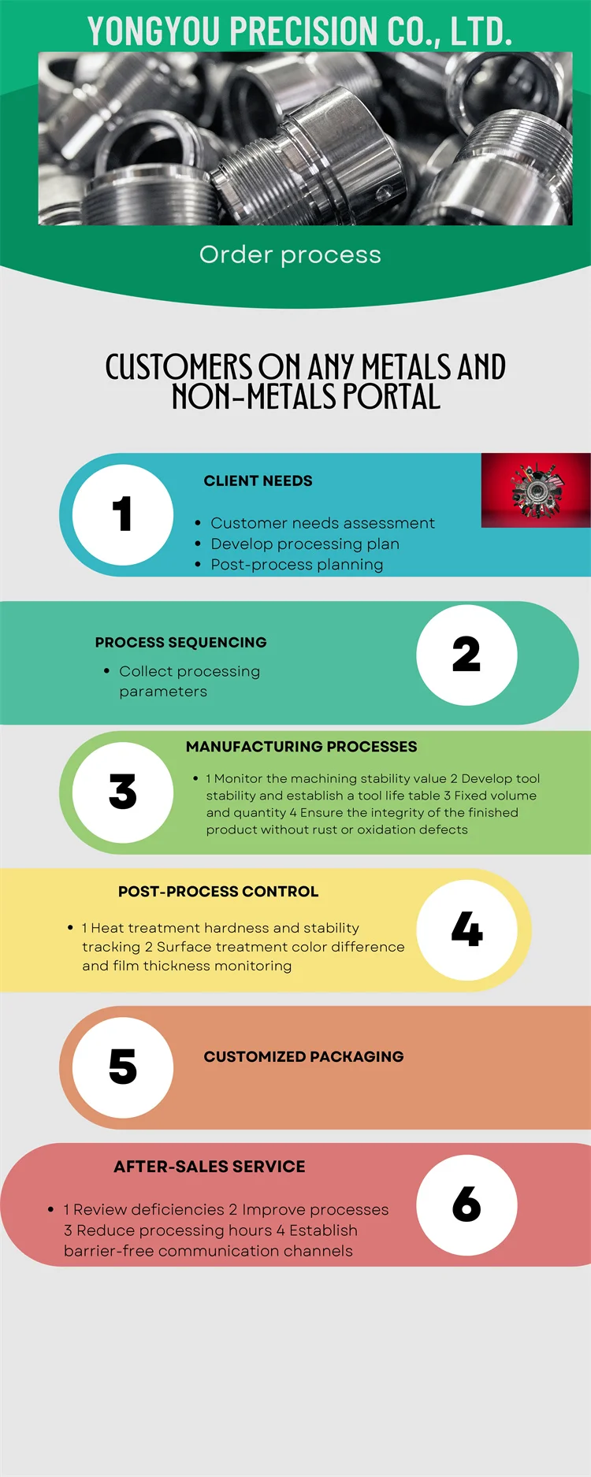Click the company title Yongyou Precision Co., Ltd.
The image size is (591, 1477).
click(x=299, y=32)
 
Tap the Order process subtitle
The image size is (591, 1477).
click(x=290, y=255)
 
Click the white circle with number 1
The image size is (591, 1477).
click(x=123, y=514)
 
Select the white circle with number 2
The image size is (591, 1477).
click(x=466, y=655)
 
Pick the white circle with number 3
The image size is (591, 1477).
click(x=123, y=792)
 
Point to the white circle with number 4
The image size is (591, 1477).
click(x=466, y=930)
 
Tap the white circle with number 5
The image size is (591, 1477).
click(x=123, y=1067)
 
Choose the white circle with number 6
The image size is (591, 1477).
click(x=466, y=1204)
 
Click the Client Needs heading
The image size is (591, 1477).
click(x=258, y=481)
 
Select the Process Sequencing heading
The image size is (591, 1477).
click(x=180, y=642)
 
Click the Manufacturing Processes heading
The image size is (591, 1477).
click(x=301, y=746)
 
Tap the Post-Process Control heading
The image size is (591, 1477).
click(x=218, y=891)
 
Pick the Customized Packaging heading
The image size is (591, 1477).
click(x=303, y=1056)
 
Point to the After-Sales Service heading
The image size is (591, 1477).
click(x=209, y=1167)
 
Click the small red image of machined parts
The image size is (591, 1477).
click(x=536, y=490)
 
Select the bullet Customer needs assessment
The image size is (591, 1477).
click(x=322, y=523)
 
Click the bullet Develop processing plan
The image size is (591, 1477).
click(x=305, y=544)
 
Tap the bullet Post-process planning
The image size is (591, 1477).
click(x=297, y=564)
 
